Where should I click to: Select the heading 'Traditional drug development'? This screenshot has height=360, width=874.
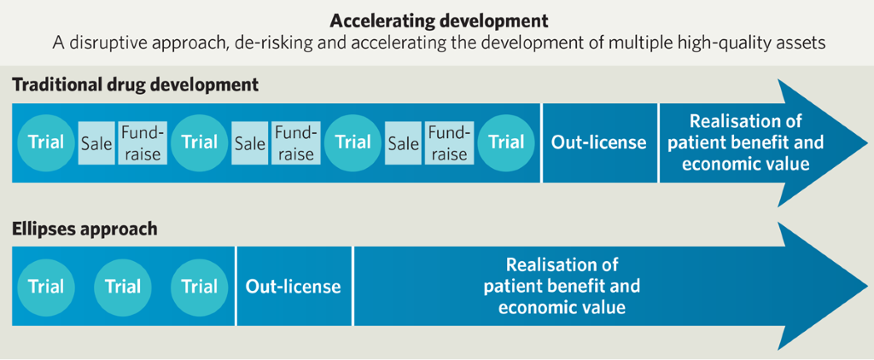135,85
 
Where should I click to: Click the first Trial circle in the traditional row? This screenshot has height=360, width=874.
46,142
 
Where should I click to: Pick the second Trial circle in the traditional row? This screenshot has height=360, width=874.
199,142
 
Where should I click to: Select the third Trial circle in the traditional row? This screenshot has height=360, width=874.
353,142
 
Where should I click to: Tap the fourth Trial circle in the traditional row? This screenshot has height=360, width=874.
506,142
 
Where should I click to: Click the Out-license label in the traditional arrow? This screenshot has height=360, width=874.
599,142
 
